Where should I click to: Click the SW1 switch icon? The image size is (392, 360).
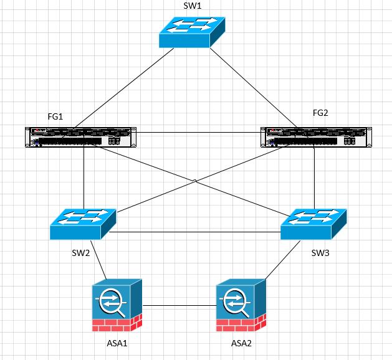click(192, 32)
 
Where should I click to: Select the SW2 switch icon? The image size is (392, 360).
click(84, 224)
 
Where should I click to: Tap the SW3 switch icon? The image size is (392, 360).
click(314, 224)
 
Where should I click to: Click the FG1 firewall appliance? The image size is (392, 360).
click(80, 137)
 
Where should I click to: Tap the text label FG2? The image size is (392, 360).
click(320, 113)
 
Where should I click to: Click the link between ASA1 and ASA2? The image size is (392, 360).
click(179, 306)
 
